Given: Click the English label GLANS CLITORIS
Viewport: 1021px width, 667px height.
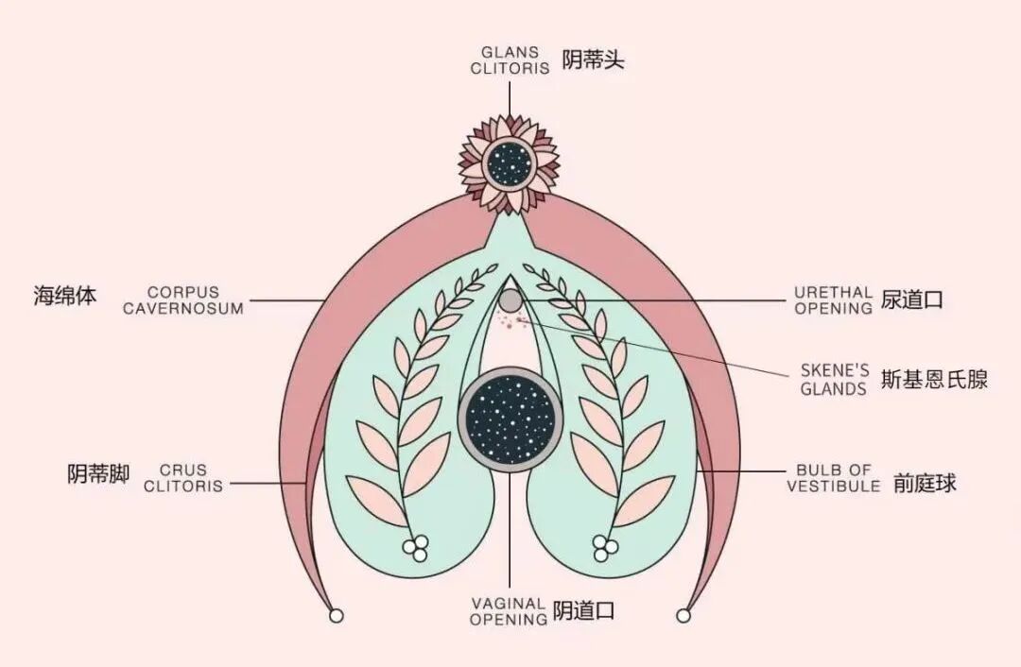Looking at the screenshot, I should pos(510,60).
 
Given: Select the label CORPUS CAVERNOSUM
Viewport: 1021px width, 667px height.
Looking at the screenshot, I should pos(182,300).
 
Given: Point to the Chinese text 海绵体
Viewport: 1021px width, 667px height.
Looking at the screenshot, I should pos(65,296).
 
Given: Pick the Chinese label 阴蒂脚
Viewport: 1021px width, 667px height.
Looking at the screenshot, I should pos(98,473).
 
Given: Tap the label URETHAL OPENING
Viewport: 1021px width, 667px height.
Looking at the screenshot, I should pos(833,300).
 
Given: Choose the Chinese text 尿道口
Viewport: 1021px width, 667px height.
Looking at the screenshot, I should pos(912,300).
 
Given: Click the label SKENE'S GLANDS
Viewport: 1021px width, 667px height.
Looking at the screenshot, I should pos(834,380).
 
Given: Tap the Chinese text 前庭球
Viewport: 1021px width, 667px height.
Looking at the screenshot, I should pos(925,483).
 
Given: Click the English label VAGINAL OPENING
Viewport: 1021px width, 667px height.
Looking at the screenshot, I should pos(509,611).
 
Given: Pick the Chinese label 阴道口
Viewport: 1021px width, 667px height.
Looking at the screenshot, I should pos(584,610).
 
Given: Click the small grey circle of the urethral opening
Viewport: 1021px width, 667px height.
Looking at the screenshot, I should pos(510,300).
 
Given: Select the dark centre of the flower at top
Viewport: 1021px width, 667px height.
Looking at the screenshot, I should pos(510,162).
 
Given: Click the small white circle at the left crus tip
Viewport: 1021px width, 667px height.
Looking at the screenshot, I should pos(336,616).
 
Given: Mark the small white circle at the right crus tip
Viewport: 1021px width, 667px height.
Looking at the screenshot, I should pos(684,616).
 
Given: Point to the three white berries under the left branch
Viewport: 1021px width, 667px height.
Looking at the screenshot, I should pos(415,546).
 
